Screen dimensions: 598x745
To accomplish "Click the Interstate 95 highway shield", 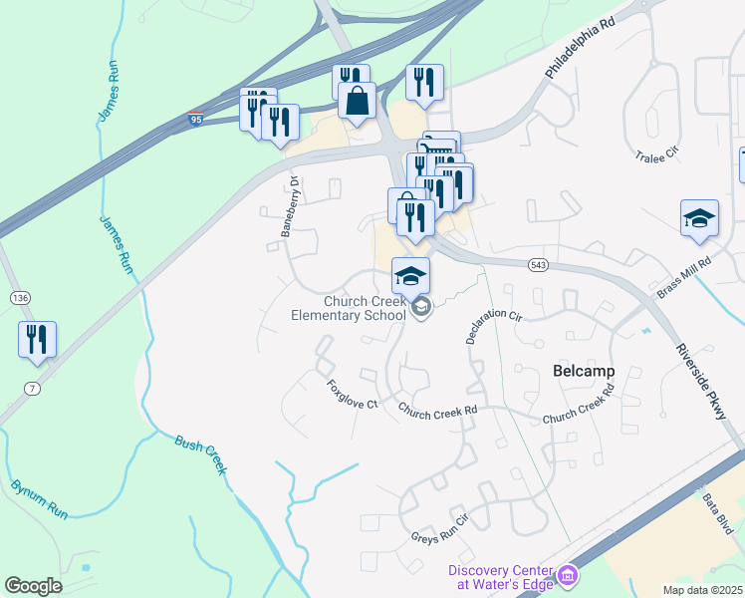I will click(195, 120).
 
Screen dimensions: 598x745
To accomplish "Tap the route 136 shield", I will click(20, 298).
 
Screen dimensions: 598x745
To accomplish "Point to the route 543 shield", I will click(538, 264).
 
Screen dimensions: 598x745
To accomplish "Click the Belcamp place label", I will click(583, 371).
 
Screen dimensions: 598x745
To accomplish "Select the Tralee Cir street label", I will click(656, 153).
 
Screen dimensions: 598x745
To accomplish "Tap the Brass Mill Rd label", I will click(683, 278).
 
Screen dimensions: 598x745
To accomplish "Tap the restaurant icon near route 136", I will click(38, 339).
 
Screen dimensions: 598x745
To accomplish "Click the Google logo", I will click(33, 586).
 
